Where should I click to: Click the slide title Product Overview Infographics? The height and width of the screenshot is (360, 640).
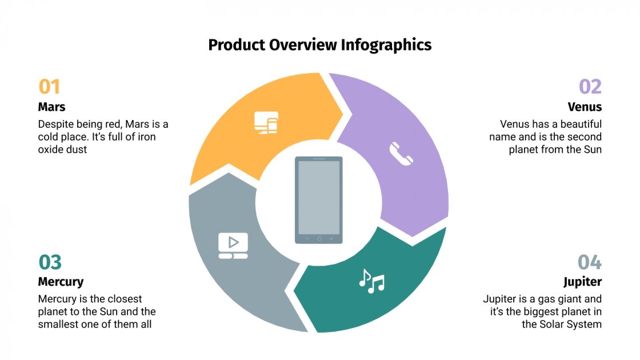pyautogui.click(x=319, y=45)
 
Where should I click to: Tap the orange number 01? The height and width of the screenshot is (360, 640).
pyautogui.click(x=49, y=87)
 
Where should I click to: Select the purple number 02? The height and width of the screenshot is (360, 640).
pyautogui.click(x=590, y=87)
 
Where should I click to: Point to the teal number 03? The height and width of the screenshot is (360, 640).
pyautogui.click(x=50, y=262)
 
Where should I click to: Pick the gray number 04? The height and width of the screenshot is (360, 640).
pyautogui.click(x=590, y=262)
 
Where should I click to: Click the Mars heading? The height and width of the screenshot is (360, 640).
pyautogui.click(x=51, y=107)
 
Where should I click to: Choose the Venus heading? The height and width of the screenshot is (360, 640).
pyautogui.click(x=585, y=107)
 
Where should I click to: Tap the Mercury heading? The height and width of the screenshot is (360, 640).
pyautogui.click(x=61, y=282)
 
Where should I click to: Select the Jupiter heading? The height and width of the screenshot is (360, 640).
pyautogui.click(x=582, y=282)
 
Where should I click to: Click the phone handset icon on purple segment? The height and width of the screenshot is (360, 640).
pyautogui.click(x=401, y=153)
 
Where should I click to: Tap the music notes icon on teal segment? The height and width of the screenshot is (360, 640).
pyautogui.click(x=371, y=281)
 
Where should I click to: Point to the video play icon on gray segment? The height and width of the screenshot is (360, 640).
pyautogui.click(x=233, y=245)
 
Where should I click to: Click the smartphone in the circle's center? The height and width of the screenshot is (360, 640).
pyautogui.click(x=319, y=200)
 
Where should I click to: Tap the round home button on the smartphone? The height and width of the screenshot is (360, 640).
pyautogui.click(x=319, y=238)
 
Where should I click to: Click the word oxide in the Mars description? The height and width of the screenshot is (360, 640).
pyautogui.click(x=50, y=150)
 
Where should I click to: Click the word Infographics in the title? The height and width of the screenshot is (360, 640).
pyautogui.click(x=386, y=45)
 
